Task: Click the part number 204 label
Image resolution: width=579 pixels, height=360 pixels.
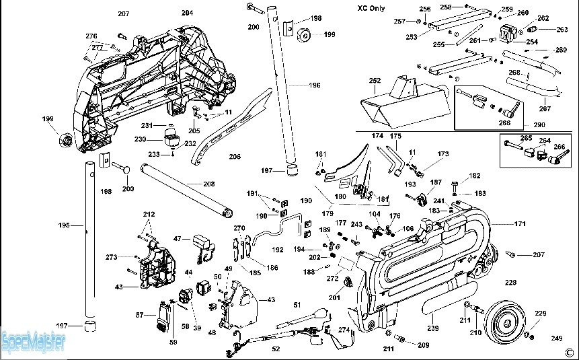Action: click(x=187, y=13)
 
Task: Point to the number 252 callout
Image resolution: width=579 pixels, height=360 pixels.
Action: click(x=375, y=80)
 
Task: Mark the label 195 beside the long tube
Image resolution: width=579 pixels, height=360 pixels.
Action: click(x=64, y=225)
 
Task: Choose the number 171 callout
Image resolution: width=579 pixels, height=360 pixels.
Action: click(x=520, y=223)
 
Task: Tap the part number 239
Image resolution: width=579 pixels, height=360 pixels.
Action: click(x=433, y=328)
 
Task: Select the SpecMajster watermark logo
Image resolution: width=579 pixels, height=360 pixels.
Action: click(x=34, y=341)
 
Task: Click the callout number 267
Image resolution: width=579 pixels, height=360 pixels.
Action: click(x=545, y=108)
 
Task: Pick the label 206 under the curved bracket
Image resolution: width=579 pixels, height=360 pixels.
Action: click(x=235, y=157)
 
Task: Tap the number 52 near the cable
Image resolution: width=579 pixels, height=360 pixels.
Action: click(x=276, y=349)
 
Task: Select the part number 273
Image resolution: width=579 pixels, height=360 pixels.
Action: click(x=112, y=257)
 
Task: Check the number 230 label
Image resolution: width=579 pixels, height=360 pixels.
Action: click(x=139, y=139)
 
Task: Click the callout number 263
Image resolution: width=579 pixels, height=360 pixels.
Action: click(x=563, y=29)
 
